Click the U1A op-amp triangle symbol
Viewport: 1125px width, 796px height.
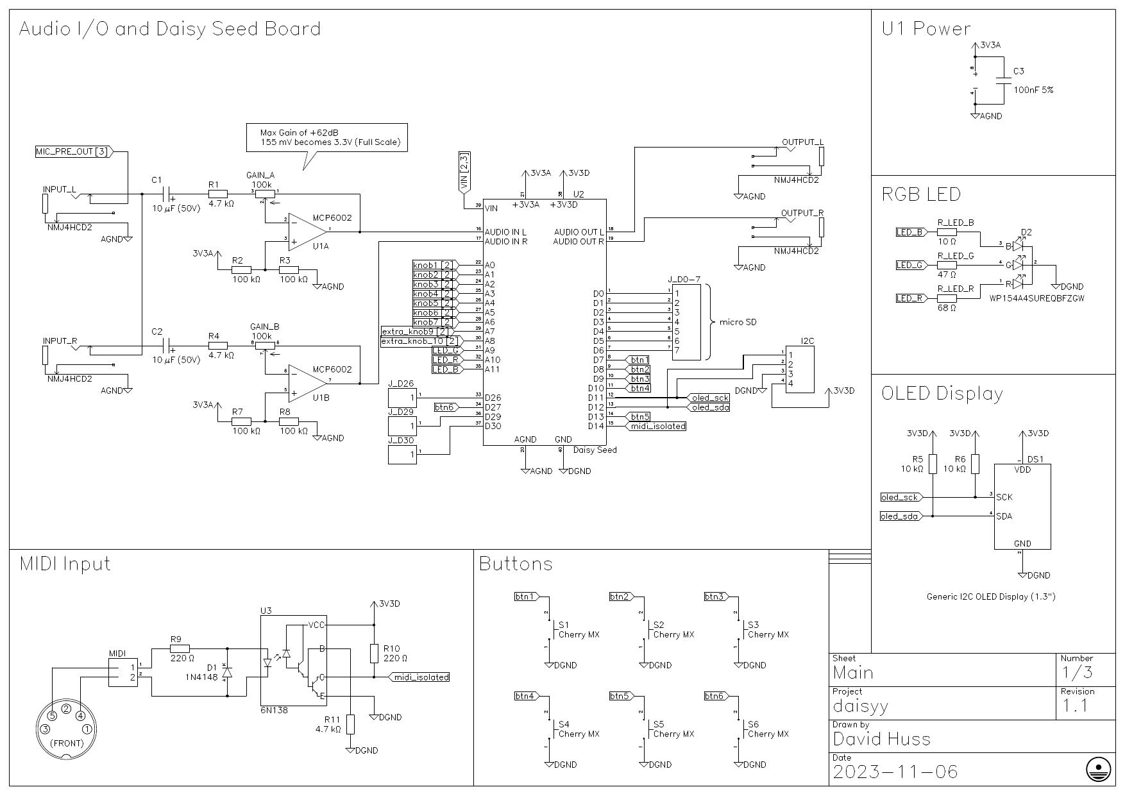[x=307, y=229]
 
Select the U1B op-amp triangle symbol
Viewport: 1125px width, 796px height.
[x=307, y=381]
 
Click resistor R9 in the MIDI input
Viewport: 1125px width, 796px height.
[x=180, y=649]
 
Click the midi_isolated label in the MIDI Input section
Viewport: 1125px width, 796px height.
[x=421, y=677]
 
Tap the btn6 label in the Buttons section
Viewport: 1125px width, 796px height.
[x=715, y=696]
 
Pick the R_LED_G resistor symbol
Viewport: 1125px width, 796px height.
[x=947, y=265]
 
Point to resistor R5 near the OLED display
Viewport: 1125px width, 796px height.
[x=933, y=464]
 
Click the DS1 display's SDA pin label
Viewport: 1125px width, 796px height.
[x=1004, y=516]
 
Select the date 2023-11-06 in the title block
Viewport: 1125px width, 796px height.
[x=895, y=772]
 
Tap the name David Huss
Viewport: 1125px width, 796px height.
[x=881, y=739]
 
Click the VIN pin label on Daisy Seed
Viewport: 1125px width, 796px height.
[x=491, y=208]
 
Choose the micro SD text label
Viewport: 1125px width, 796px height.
[x=738, y=322]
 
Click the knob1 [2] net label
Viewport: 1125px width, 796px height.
[x=434, y=265]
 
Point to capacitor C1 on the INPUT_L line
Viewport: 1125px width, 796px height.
[x=168, y=194]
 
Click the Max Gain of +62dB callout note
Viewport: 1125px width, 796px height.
[x=326, y=137]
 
